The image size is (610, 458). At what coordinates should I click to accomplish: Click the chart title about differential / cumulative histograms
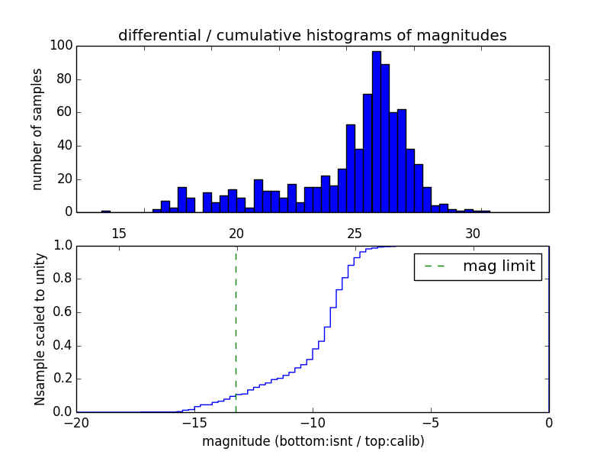(x=312, y=35)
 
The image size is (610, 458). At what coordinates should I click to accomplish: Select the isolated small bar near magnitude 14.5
(x=106, y=211)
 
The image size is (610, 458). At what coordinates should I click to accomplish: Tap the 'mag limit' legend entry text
(x=499, y=266)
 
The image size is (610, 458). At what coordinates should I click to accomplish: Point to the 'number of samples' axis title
(x=37, y=129)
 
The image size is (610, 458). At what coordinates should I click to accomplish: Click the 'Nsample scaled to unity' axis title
(x=39, y=329)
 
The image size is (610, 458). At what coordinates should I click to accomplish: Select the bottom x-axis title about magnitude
(x=313, y=441)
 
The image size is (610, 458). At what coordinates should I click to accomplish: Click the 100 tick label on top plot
(x=62, y=46)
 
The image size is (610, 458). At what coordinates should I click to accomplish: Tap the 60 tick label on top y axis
(x=65, y=112)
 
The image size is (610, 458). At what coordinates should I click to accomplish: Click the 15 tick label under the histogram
(x=119, y=232)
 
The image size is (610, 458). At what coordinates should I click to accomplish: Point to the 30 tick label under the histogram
(x=473, y=232)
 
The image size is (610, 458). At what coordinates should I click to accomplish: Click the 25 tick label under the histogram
(x=355, y=232)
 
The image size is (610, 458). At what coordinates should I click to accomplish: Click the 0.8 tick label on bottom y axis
(x=62, y=279)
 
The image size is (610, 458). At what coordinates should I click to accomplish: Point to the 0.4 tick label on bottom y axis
(x=62, y=346)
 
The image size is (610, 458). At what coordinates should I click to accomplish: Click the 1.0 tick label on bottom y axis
(x=62, y=247)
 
